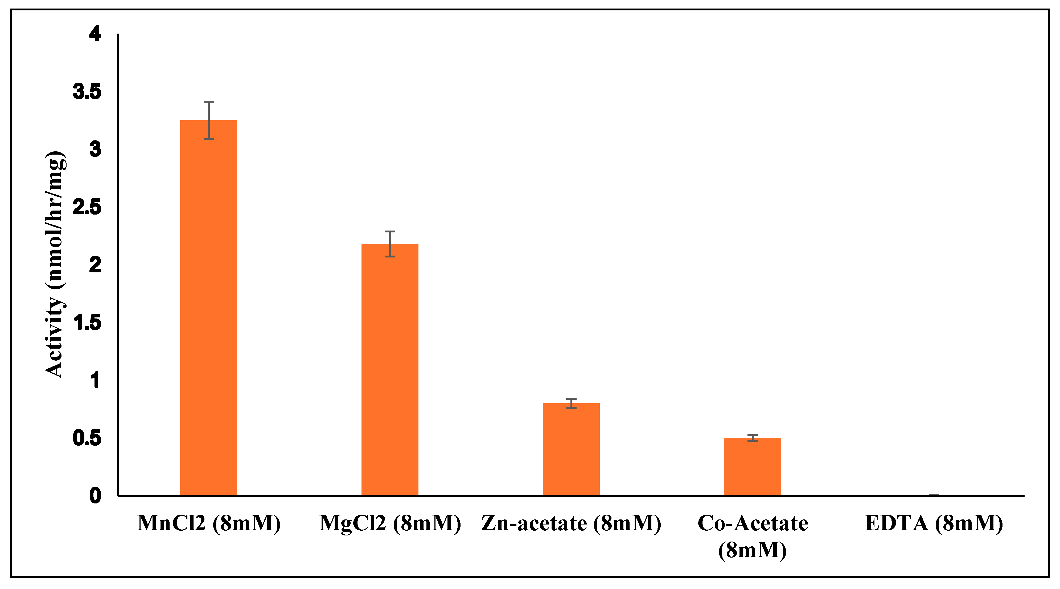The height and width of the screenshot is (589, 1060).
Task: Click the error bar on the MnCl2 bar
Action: coord(209,120)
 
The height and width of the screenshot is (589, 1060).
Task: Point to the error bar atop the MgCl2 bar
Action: coord(390,244)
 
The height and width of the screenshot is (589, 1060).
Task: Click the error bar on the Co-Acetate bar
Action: coord(752,438)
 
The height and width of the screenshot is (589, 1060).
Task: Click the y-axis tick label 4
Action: coord(95,34)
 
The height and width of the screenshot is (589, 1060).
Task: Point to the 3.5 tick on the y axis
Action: coord(87,91)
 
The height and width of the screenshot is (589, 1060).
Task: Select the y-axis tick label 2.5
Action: coord(87,207)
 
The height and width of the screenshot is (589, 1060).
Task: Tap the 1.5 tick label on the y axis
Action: coord(87,322)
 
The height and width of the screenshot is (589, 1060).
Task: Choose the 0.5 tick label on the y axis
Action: coord(87,437)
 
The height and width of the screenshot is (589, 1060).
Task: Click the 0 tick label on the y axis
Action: coord(95,495)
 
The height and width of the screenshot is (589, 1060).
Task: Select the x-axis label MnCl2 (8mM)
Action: coord(209,523)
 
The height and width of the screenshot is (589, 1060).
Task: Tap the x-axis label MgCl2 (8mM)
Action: coord(390,523)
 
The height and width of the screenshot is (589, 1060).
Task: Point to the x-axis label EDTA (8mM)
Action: coord(934,523)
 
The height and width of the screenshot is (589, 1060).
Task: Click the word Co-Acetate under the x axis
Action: coord(753,523)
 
